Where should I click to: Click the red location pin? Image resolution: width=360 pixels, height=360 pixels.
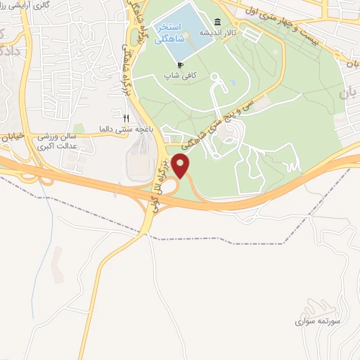pos(182,167)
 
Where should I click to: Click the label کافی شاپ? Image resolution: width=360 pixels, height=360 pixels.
pos(180,75)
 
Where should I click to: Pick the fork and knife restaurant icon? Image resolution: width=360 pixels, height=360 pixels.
pos(127,118)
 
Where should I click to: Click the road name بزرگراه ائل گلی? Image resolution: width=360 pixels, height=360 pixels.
pos(157,181)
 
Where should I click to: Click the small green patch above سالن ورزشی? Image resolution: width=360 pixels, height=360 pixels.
pos(79,129)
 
